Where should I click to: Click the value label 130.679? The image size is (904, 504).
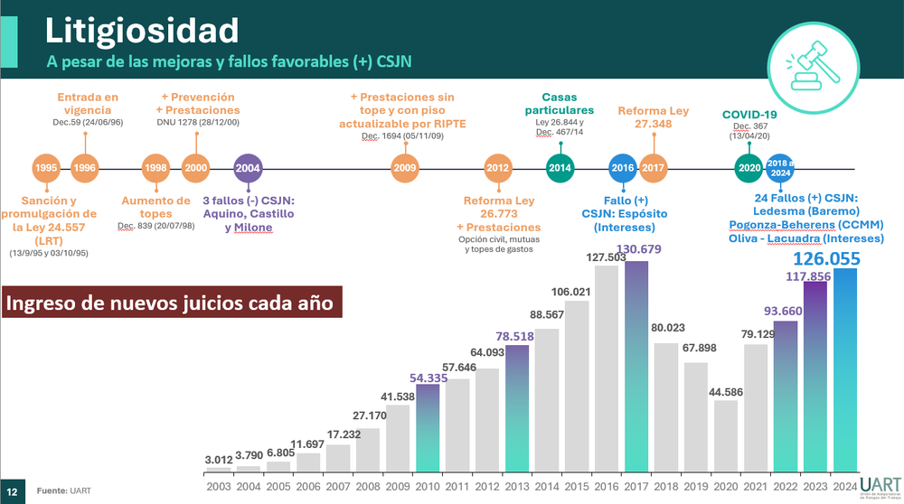click(636, 249)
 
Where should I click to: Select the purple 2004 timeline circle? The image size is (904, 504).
click(249, 168)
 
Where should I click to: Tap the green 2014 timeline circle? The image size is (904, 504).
click(560, 168)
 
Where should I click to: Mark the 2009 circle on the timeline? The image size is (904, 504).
click(405, 168)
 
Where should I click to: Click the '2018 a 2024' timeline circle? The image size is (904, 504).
click(779, 168)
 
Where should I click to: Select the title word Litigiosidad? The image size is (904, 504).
click(143, 31)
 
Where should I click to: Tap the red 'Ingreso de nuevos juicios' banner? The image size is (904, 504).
click(174, 302)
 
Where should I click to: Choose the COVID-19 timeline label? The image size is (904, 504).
click(750, 114)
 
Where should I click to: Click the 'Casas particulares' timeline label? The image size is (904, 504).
click(560, 103)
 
